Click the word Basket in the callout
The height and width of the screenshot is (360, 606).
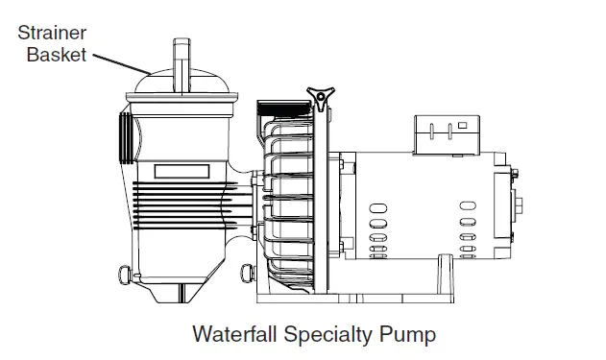click(57, 54)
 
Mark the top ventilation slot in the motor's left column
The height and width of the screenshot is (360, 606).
click(378, 204)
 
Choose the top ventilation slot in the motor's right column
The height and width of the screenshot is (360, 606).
click(467, 204)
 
